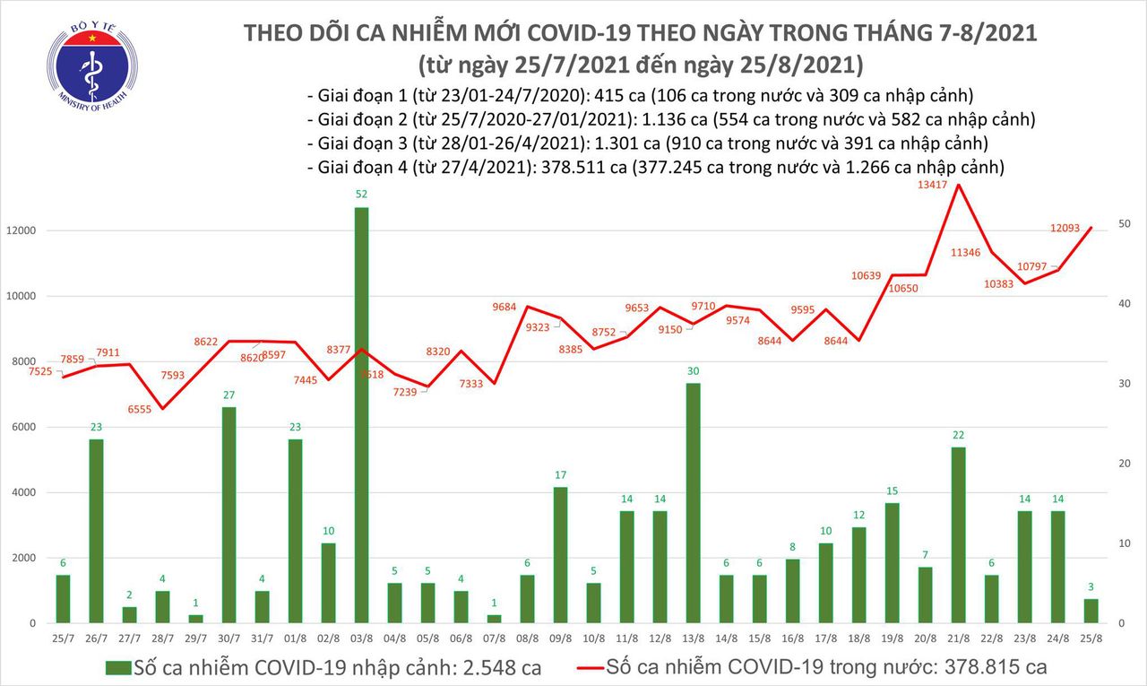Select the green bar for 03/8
tap(361, 414)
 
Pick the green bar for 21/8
tap(958, 534)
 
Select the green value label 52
tap(361, 194)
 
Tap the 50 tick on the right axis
tap(1127, 223)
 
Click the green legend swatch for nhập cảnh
tap(118, 668)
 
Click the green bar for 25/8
tap(1091, 611)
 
